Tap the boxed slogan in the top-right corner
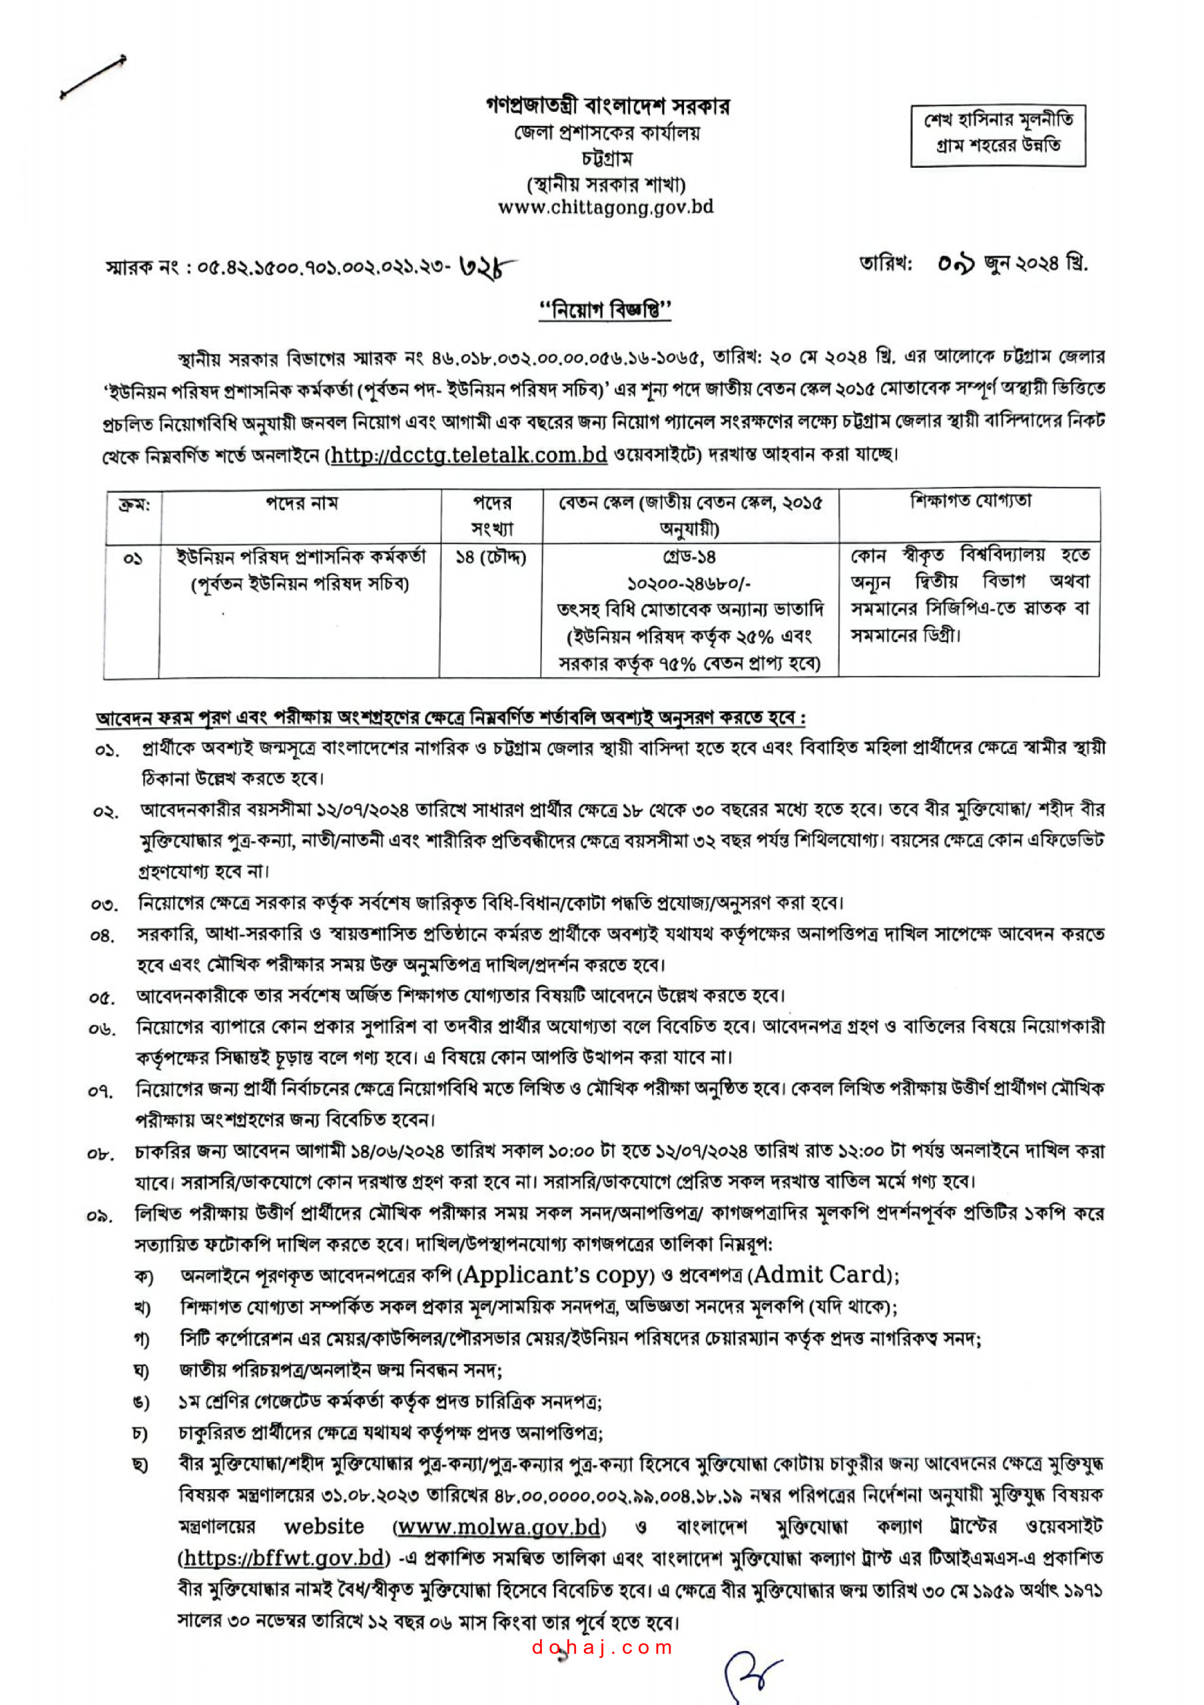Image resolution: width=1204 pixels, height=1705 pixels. tap(998, 135)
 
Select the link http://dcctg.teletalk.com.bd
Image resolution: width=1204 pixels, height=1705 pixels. tap(469, 454)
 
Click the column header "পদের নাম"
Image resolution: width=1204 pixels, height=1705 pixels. tap(302, 504)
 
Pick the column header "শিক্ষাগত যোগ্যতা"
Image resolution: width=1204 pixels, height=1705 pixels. tap(970, 502)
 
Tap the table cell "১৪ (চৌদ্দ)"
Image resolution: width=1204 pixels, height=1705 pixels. tap(491, 557)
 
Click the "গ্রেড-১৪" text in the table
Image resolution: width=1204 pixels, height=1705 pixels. tap(690, 557)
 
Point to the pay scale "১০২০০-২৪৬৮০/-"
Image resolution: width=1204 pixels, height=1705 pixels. tap(690, 583)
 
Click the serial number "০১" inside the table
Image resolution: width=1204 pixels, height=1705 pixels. tap(133, 558)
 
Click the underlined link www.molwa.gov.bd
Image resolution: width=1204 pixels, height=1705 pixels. tap(499, 1528)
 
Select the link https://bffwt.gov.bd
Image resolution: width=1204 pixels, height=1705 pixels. tap(285, 1557)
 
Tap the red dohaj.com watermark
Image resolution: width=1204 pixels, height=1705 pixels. tap(602, 1648)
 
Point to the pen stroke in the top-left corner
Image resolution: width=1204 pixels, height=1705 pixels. tap(93, 77)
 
